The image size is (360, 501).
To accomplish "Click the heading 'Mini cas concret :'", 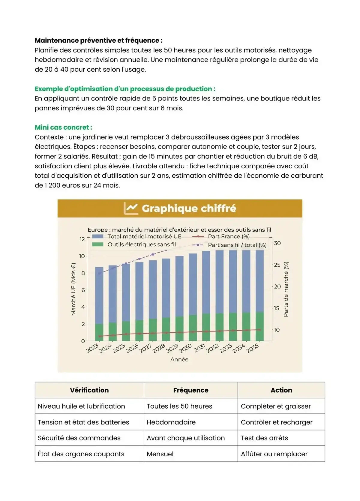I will tap(63, 127).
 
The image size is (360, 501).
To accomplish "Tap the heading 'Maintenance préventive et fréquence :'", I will tap(99, 40).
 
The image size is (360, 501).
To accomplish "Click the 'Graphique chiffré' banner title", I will tap(189, 208).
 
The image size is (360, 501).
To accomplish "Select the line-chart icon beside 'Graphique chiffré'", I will tap(131, 208).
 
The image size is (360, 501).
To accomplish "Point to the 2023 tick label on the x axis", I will tap(92, 348).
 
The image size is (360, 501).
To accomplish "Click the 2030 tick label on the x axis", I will tap(186, 348).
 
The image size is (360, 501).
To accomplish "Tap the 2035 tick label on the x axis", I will tap(253, 348).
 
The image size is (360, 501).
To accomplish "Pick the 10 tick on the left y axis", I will tap(82, 256).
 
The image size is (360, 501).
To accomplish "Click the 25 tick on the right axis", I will tap(277, 265).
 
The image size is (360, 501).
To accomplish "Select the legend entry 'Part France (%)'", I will tap(229, 236).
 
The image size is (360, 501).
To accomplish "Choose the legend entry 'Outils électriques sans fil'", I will tap(142, 244).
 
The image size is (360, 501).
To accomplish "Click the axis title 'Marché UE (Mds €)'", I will tap(73, 289).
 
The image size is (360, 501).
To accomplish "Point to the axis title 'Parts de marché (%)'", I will tap(286, 289).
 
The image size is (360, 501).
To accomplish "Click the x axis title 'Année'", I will tap(179, 359).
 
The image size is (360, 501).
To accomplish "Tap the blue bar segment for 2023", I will tap(99, 295).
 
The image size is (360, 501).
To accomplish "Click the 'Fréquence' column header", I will tap(191, 390).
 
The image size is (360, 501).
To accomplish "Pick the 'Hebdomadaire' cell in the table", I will tap(171, 422).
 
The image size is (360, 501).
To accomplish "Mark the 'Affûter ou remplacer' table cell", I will tap(274, 454).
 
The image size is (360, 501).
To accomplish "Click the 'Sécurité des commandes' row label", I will tap(79, 438).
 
